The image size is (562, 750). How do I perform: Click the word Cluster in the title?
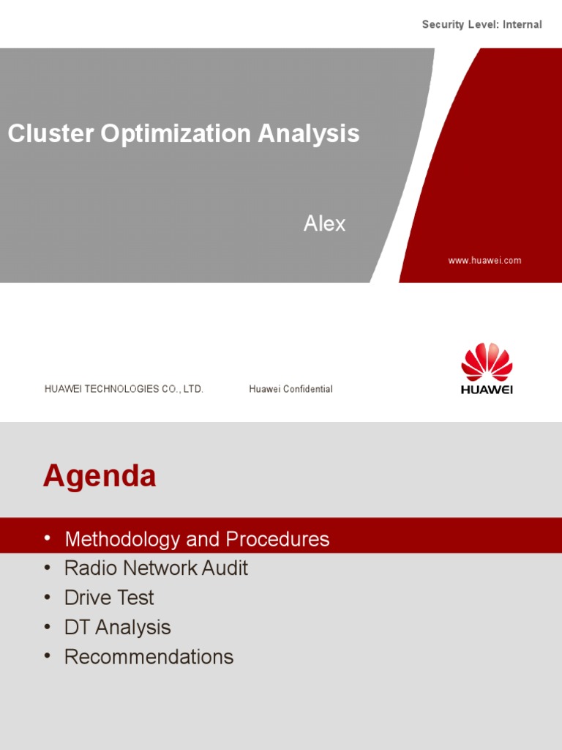50,133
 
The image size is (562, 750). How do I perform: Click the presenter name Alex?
324,223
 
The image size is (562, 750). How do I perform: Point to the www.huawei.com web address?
484,261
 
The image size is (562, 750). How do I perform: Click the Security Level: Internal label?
482,25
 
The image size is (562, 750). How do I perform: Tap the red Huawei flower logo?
487,362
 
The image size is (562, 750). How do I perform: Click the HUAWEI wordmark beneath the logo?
487,390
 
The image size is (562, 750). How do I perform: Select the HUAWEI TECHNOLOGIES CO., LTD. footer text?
124,389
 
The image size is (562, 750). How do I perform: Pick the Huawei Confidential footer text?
291,389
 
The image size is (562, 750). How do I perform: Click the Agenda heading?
100,476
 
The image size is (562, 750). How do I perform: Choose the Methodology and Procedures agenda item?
197,540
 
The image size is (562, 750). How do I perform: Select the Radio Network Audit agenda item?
156,568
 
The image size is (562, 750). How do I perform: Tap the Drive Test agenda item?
109,598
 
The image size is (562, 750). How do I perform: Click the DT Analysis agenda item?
117,627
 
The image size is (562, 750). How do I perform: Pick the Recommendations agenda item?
149,657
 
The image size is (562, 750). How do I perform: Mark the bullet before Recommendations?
48,656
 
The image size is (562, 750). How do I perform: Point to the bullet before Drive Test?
48,596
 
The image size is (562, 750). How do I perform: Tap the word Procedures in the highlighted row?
277,540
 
